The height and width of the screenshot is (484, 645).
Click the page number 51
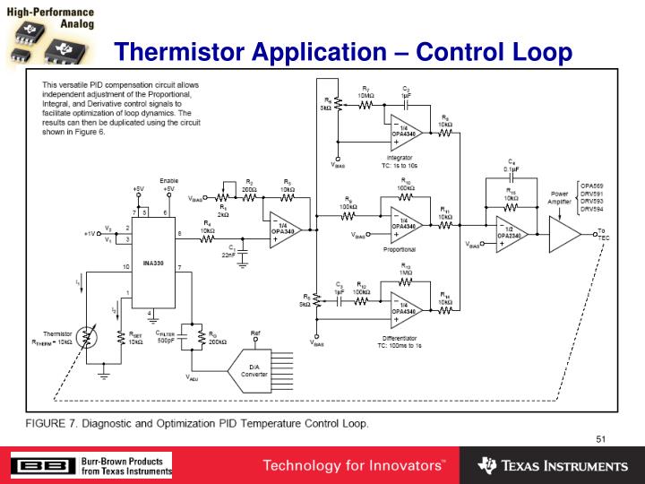click(601, 438)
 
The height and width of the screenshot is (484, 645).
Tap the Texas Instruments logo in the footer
click(553, 466)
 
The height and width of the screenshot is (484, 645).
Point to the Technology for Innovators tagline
click(353, 466)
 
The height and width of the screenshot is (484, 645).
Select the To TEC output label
click(602, 235)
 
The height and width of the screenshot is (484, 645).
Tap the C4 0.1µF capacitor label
click(512, 165)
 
